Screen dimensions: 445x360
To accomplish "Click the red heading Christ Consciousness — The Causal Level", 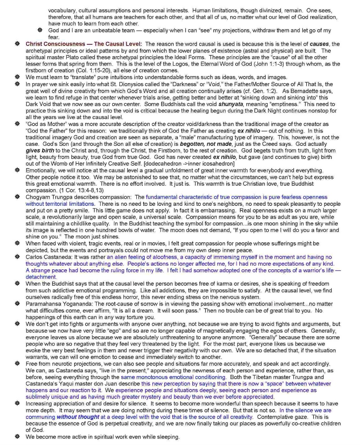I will (84, 44).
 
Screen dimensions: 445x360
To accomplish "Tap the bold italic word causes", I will (319, 44).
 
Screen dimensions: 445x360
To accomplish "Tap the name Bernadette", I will (300, 91).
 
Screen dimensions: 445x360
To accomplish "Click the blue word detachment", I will (41, 277).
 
